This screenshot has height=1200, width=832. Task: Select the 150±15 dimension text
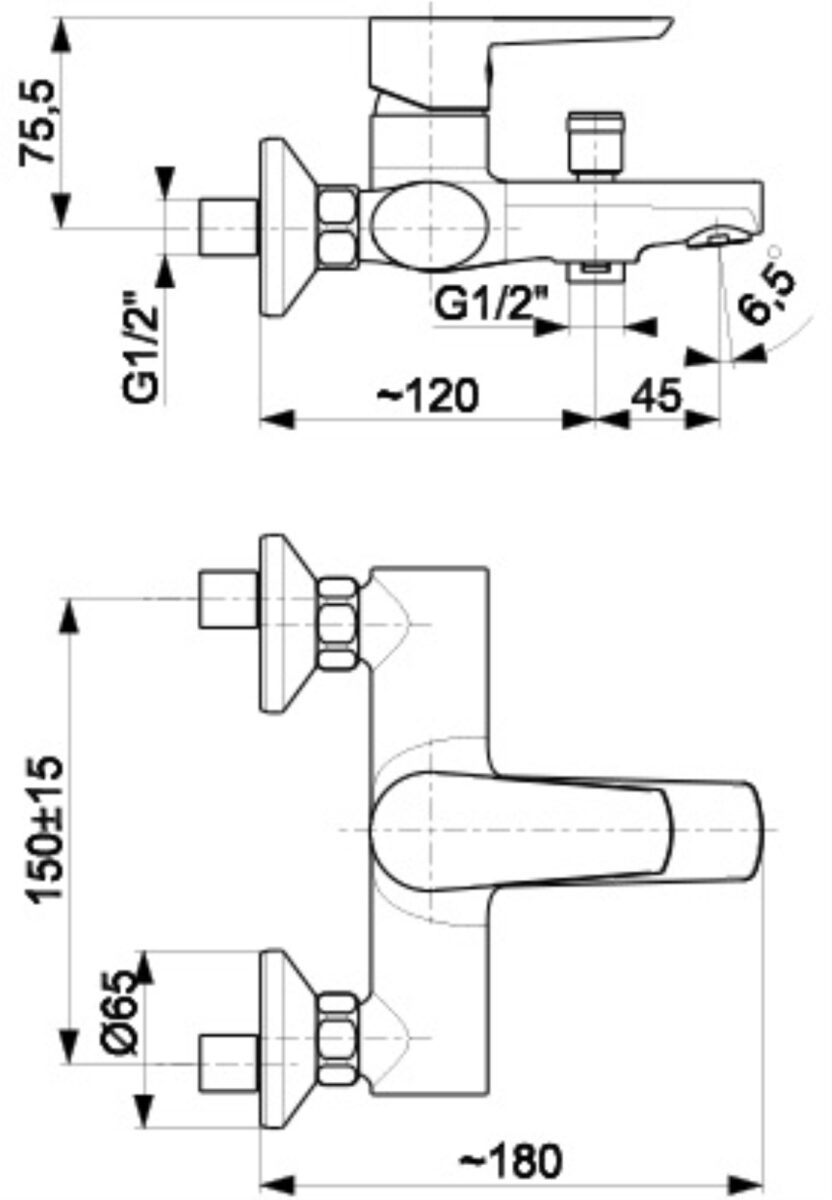tap(46, 829)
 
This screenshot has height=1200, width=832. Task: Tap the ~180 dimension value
tap(510, 1161)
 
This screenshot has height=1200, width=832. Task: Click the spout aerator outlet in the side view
tap(718, 237)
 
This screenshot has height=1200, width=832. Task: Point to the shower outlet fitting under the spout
tap(597, 271)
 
